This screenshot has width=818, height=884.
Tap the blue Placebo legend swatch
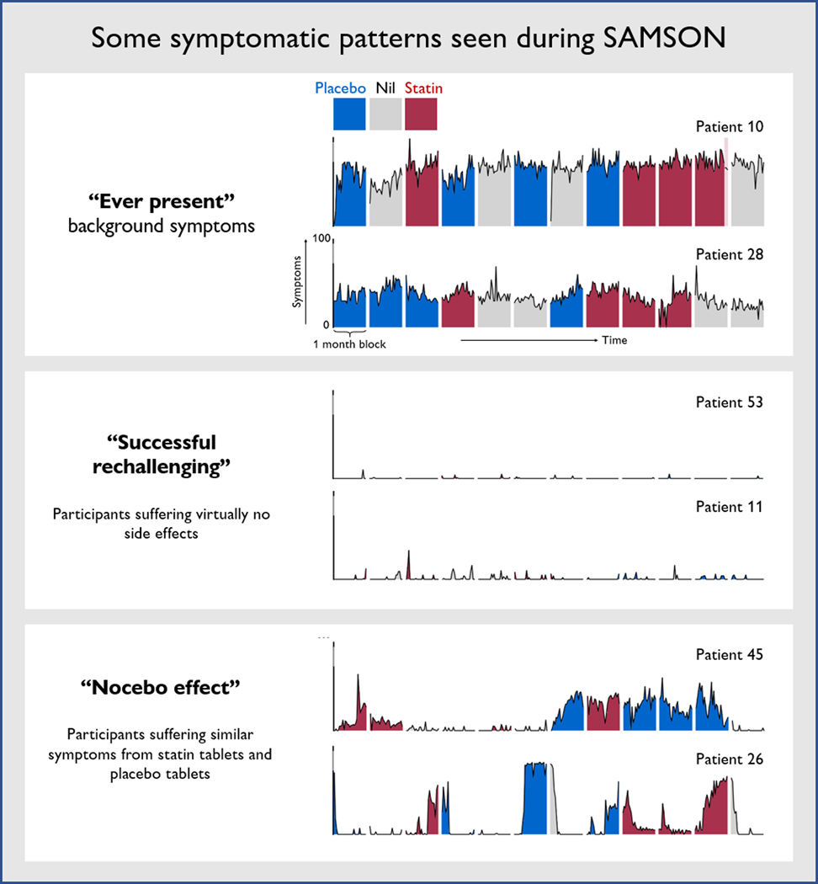[349, 114]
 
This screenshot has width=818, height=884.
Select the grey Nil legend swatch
[385, 114]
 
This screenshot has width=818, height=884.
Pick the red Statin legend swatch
[421, 114]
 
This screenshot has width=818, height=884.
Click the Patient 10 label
[729, 126]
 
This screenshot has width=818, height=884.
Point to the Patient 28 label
[729, 253]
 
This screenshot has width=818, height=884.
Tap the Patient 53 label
[729, 402]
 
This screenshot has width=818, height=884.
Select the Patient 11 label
[729, 507]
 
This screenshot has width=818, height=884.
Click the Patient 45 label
[729, 654]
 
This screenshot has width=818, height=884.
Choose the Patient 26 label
[729, 759]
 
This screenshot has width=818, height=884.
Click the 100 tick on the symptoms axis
[320, 239]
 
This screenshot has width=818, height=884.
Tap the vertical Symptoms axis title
[297, 282]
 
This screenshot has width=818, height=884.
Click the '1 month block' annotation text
[349, 344]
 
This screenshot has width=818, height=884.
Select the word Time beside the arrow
[613, 340]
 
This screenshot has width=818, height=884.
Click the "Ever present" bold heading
[161, 205]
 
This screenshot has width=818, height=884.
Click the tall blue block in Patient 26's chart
[535, 798]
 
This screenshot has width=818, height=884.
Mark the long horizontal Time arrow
[530, 340]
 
